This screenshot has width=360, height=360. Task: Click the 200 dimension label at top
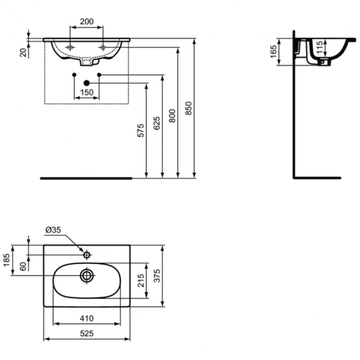coord(87,21)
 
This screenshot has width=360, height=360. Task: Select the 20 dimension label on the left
coord(23,53)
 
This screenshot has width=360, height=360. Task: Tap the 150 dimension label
coord(87,92)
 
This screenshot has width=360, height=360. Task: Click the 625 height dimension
coord(157,124)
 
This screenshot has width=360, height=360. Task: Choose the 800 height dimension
coord(172,116)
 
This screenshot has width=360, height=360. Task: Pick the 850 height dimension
coord(188,108)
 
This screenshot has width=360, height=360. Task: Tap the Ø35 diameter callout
coord(53,229)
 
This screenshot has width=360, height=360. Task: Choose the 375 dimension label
coord(172,275)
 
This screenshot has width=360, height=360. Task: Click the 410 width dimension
coord(87,319)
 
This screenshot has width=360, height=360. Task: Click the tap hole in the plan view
coord(87,255)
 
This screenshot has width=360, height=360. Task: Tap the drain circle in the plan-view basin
coord(87,275)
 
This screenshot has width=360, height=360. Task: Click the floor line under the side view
coord(317,178)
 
